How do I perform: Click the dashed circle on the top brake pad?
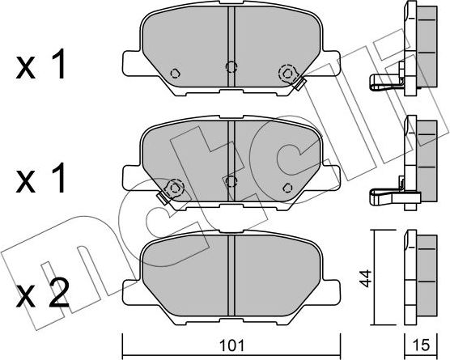coord(285,73)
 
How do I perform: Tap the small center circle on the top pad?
coord(231,67)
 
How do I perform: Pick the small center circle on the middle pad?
coord(231,180)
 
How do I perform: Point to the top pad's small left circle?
coord(175,73)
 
